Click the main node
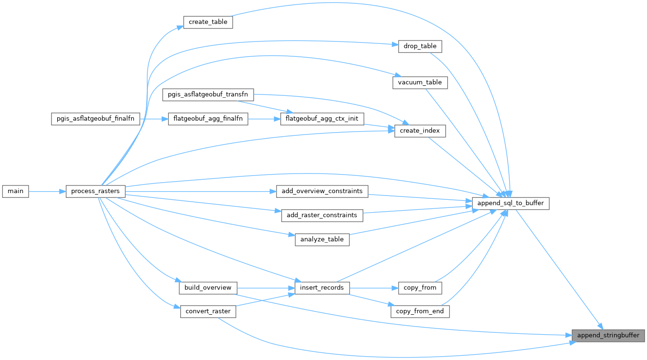[15, 191]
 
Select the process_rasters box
[95, 191]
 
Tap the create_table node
[208, 22]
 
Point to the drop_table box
[420, 46]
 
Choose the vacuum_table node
[420, 82]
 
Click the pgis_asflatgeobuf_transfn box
[208, 94]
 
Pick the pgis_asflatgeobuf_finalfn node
[95, 119]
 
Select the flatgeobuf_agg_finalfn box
[208, 119]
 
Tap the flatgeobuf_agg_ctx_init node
[322, 119]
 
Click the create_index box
[420, 131]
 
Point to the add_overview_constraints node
[322, 191]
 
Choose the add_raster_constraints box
[322, 215]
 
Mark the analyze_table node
[322, 239]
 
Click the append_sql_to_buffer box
[511, 204]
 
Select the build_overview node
[208, 288]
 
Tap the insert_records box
[322, 288]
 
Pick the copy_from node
[420, 288]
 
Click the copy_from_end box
[420, 311]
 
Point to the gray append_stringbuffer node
[608, 335]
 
